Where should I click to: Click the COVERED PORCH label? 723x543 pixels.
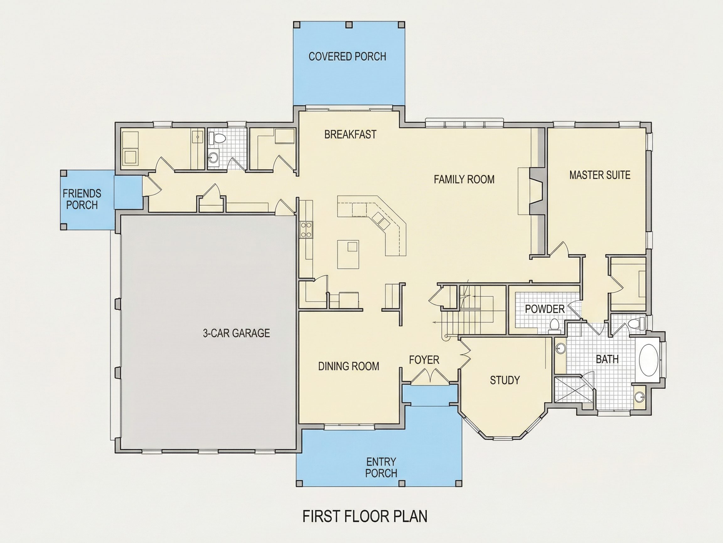click(x=347, y=56)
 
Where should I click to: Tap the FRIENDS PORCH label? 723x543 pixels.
click(x=82, y=199)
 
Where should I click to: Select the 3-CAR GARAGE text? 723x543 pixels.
click(x=236, y=333)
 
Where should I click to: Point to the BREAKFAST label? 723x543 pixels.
click(x=351, y=134)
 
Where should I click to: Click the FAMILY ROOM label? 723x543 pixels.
click(x=464, y=179)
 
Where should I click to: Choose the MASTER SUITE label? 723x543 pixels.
click(x=600, y=175)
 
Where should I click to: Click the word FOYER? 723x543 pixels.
click(x=424, y=360)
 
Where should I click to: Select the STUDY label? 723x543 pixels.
click(x=505, y=380)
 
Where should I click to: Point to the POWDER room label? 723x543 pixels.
click(x=545, y=309)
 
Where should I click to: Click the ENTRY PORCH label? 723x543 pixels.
click(x=381, y=467)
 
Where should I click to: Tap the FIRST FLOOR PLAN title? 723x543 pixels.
click(x=365, y=516)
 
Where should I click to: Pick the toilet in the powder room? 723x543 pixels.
click(x=554, y=326)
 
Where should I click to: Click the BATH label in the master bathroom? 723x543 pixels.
click(x=607, y=359)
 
